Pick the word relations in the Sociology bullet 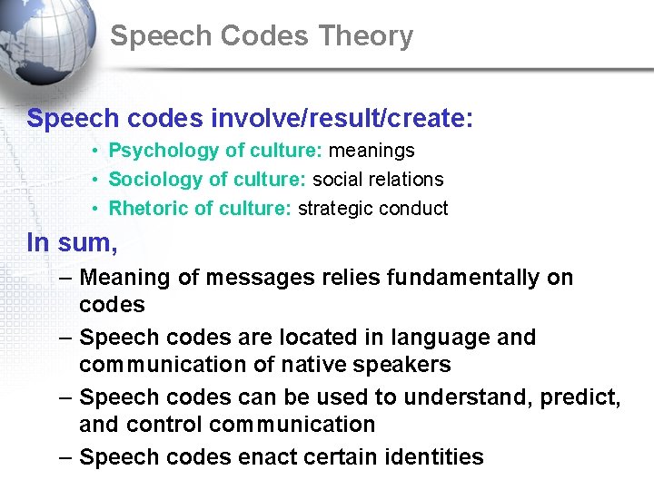click(406, 180)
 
